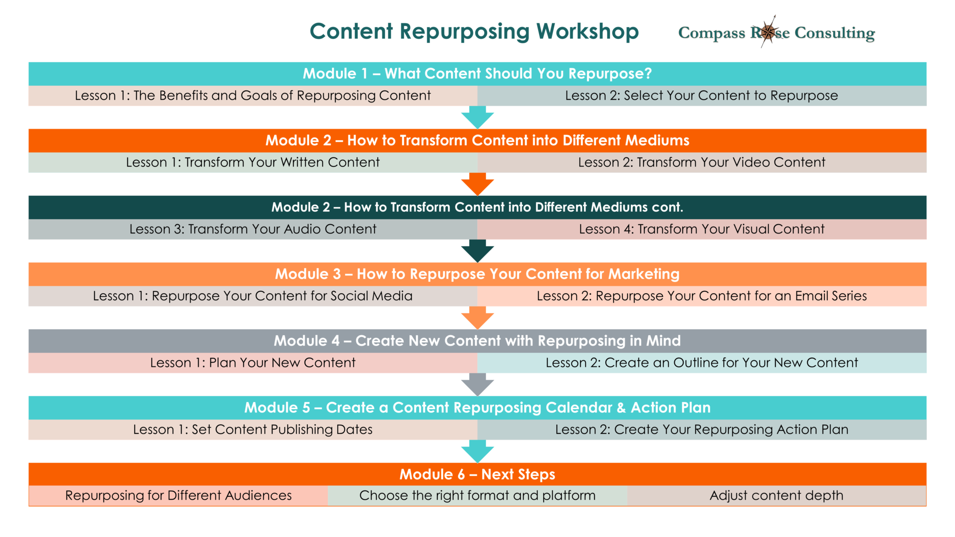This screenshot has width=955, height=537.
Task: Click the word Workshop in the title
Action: [x=587, y=32]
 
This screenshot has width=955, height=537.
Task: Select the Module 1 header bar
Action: [x=477, y=74]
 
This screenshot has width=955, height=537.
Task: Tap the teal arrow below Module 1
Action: [x=477, y=117]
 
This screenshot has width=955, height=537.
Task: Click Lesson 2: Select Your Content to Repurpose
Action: [x=701, y=96]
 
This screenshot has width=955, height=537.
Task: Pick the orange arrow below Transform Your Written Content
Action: [x=477, y=184]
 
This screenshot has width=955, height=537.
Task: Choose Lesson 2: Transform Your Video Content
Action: [x=701, y=162]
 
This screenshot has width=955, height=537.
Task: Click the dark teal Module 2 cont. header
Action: [x=477, y=207]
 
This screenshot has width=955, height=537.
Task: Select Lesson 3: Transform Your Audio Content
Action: [x=253, y=229]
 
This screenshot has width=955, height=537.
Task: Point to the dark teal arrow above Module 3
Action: [x=477, y=250]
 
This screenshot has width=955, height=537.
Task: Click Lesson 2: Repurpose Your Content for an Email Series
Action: [x=701, y=296]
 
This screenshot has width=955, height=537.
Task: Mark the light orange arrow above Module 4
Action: [x=477, y=317]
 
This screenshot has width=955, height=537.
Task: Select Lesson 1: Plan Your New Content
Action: [x=253, y=363]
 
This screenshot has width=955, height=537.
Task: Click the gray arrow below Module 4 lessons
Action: [x=477, y=384]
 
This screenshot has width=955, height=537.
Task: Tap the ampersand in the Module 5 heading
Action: [x=621, y=408]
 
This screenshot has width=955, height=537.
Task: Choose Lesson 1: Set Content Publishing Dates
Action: [x=253, y=429]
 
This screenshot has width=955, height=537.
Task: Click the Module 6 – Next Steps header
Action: [x=477, y=474]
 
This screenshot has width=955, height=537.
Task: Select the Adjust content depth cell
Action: [x=776, y=496]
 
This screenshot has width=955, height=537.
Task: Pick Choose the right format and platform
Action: [x=477, y=496]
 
